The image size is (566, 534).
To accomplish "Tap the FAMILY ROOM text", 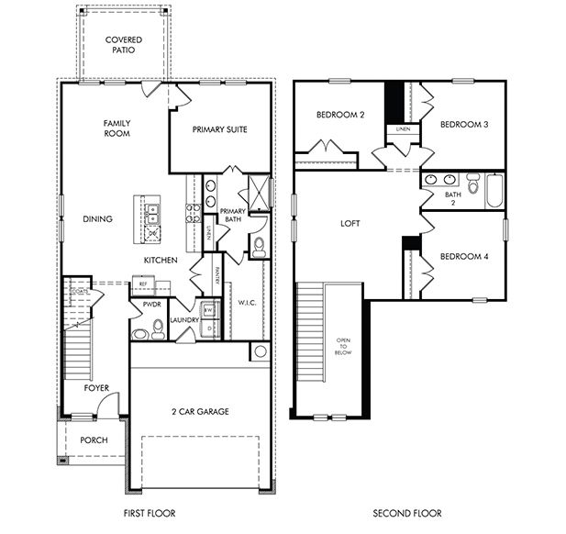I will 117,128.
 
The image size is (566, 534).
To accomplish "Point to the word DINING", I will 96,219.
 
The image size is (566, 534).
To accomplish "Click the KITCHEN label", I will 160,261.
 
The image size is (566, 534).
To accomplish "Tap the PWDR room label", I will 151,304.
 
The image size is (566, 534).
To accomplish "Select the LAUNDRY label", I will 184,320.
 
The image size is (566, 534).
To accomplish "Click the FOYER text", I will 96,388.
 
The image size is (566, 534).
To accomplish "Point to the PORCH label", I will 94,440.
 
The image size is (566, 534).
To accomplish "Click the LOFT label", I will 350,223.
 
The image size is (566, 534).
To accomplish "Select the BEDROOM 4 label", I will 463,257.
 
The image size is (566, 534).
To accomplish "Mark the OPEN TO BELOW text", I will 343,346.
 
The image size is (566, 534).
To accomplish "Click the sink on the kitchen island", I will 151,214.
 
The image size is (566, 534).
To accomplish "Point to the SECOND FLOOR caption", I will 406,513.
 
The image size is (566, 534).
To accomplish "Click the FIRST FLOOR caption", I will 149,513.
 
